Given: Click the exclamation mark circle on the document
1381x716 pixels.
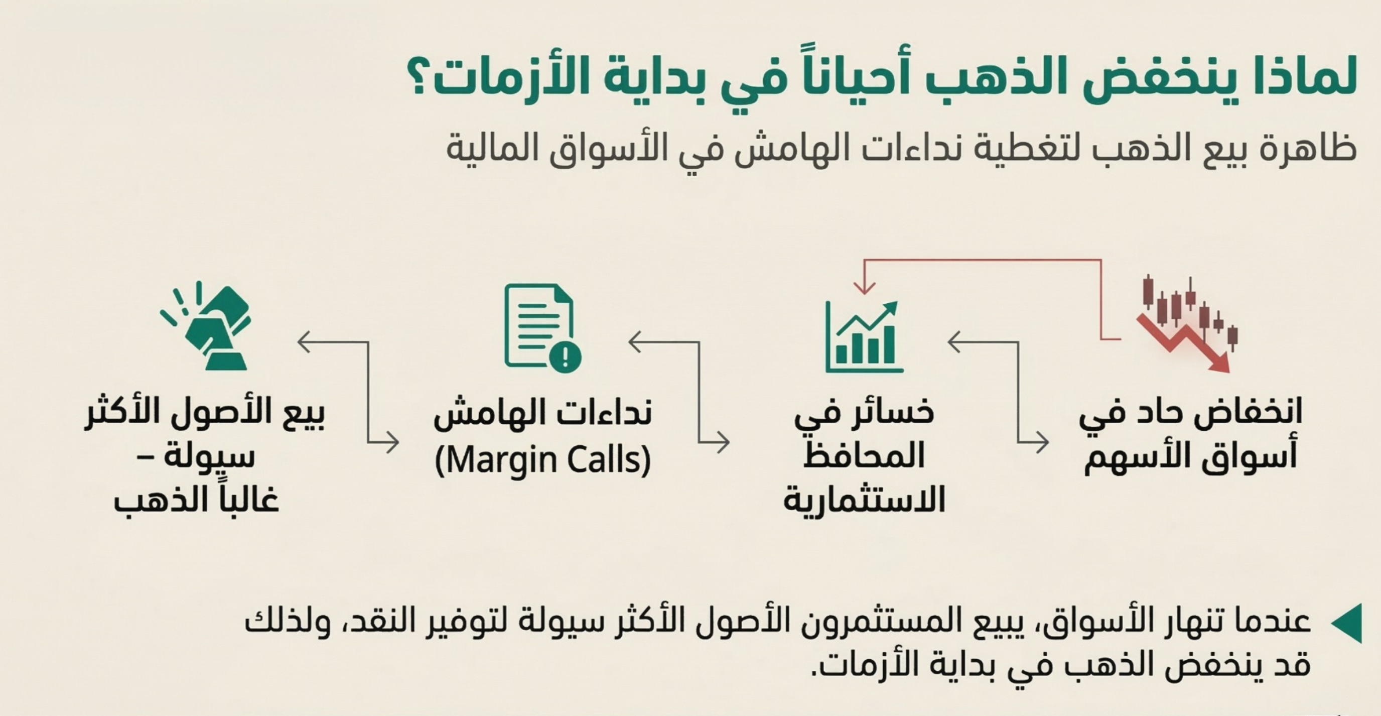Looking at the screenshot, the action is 565,355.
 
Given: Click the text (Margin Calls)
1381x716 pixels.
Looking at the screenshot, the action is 542,460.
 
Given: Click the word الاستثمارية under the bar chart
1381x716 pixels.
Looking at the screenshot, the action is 864,500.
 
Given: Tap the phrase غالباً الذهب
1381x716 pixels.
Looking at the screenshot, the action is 196,500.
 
